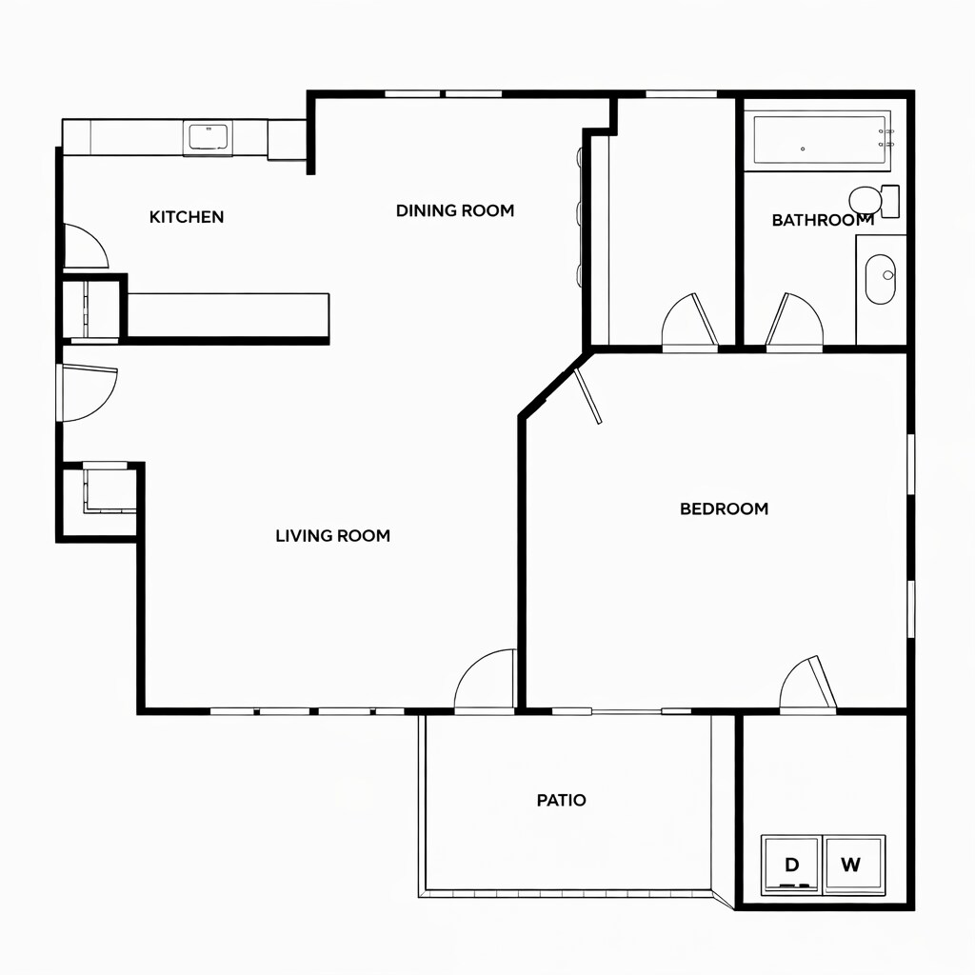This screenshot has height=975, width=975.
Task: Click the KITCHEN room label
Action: point(187,217)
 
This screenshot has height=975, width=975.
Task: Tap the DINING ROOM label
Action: point(455,210)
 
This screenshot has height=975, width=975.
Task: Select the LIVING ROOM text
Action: point(332,536)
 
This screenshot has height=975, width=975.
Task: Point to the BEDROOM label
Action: point(724,508)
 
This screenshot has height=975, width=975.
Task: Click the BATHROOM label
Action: point(822,220)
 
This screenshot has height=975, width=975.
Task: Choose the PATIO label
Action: point(562,800)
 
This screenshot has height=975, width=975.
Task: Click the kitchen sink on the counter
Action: point(208,137)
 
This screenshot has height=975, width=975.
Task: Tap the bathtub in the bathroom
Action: point(822,141)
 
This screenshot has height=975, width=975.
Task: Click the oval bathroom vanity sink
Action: point(880,278)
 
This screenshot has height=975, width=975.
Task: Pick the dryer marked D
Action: point(791,865)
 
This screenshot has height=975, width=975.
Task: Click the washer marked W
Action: point(852,865)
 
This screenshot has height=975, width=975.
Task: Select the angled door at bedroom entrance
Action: point(588,395)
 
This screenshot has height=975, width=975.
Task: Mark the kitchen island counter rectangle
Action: point(228,315)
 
